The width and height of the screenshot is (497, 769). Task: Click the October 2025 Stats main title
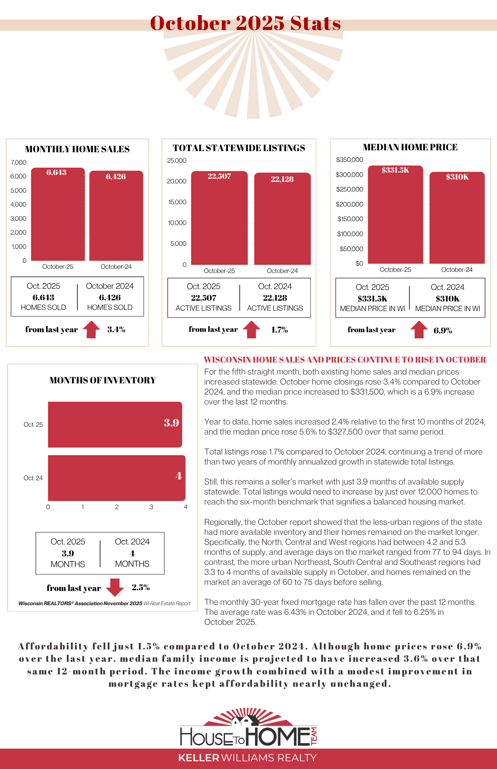245,23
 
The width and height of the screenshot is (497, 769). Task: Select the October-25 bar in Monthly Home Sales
58,215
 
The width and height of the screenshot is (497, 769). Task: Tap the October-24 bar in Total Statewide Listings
282,219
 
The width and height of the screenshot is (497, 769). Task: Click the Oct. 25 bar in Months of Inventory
115,424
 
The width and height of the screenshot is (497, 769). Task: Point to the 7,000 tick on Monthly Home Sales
18,162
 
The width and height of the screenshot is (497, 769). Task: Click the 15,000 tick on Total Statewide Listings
177,202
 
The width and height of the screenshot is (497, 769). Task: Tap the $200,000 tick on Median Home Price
349,204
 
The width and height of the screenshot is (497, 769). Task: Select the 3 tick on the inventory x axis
151,507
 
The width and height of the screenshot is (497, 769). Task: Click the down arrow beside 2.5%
115,587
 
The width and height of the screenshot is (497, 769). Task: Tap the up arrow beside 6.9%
419,330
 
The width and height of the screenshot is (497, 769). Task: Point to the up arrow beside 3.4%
92,329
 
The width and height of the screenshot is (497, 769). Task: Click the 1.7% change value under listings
279,330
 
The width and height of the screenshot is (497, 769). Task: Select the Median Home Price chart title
410,147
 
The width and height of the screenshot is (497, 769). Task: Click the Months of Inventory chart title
102,380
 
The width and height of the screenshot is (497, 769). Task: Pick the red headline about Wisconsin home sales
345,360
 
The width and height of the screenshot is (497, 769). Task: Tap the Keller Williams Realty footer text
247,758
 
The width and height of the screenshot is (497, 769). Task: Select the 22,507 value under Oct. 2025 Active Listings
203,298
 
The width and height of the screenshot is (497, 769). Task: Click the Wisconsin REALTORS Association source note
104,603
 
